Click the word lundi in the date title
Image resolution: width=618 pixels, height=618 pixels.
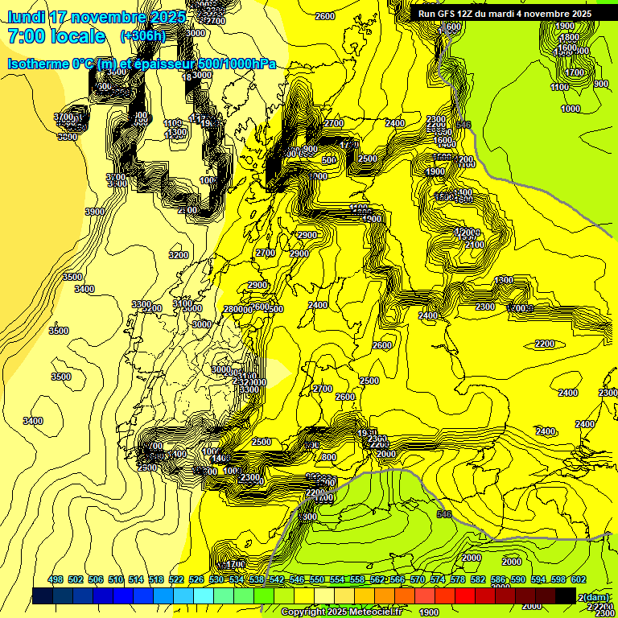coord(26,17)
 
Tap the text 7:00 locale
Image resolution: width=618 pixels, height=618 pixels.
coord(56,36)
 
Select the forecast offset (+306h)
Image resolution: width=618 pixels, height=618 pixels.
coord(144,36)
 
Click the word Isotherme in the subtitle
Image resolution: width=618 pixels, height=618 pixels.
coord(37,64)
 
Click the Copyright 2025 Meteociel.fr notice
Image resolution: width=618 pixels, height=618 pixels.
coord(342,612)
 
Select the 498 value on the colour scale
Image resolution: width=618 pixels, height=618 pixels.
coord(56,579)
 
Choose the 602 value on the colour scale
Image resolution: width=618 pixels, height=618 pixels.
coord(578,579)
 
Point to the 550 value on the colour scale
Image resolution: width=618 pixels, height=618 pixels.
coord(317,579)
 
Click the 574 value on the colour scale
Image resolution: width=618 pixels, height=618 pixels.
coord(438,579)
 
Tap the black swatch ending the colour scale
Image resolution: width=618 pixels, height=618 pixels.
coord(566,595)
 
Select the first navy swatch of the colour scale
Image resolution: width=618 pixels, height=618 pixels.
coord(43,595)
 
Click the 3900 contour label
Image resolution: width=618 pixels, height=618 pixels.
coord(95,212)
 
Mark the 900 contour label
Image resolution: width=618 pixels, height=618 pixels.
coord(600,84)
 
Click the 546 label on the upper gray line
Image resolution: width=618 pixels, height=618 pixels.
coord(462,125)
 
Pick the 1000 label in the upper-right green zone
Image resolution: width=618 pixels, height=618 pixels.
coord(571,109)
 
